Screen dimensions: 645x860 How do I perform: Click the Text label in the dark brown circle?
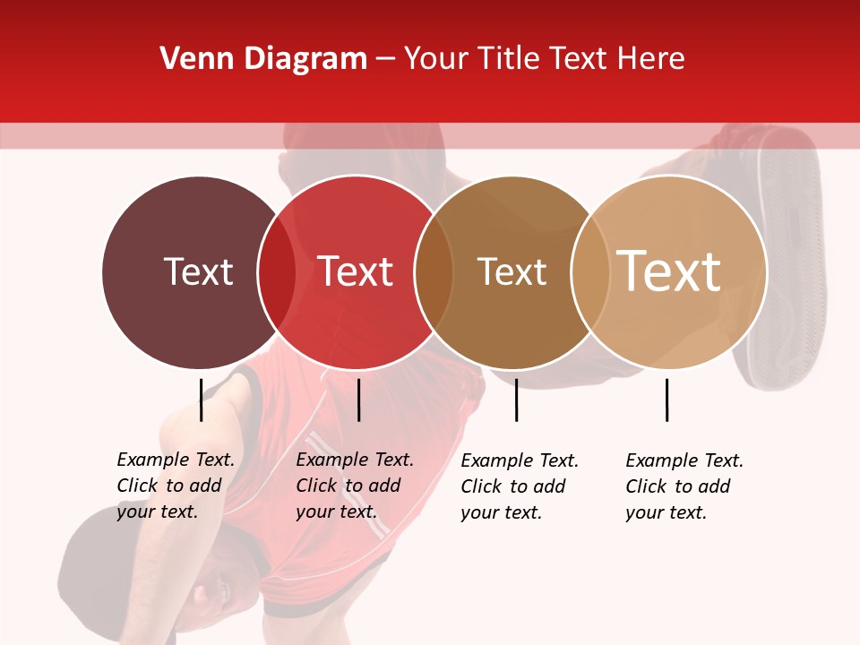tap(198, 271)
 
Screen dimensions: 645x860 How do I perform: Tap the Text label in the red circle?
tap(355, 271)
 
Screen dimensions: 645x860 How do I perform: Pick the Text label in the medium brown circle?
tap(512, 271)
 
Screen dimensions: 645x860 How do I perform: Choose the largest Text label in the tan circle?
tap(669, 271)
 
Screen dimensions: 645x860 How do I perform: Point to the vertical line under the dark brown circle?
tap(201, 400)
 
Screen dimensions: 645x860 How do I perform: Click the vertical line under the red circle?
tap(358, 400)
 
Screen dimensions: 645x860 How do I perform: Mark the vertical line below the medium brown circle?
tap(516, 400)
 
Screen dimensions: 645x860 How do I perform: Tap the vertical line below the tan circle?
tap(666, 400)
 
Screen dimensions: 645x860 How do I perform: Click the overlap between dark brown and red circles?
tap(277, 271)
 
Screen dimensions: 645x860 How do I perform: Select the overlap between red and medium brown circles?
tap(434, 271)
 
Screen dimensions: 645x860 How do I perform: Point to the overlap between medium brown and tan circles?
tap(589, 271)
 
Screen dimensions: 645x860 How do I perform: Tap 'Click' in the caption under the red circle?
tap(316, 486)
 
